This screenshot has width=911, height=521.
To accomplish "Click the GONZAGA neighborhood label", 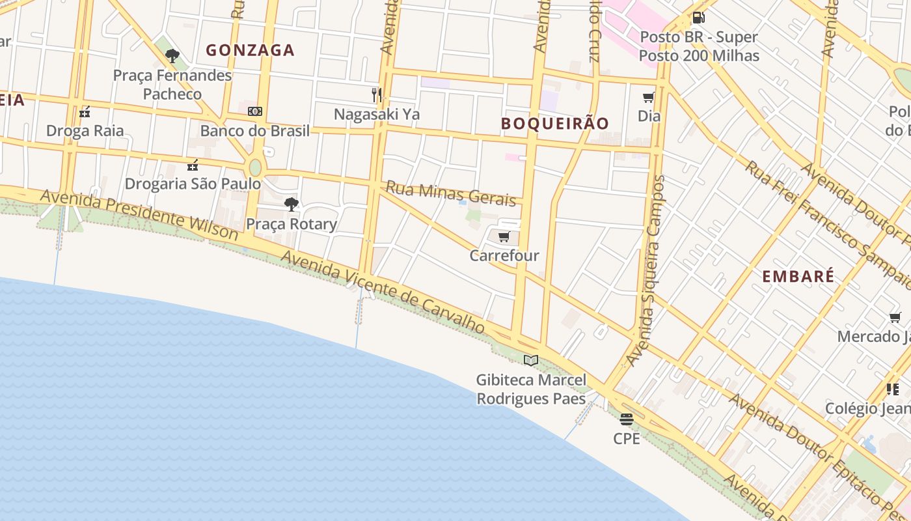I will (251, 50).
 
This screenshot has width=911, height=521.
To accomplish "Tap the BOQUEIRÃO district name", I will (555, 123).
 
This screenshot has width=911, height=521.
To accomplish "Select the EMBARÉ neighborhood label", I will (798, 276).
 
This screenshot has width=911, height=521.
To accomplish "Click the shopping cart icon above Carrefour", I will (504, 237).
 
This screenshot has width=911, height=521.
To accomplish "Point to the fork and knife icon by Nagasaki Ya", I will (376, 95).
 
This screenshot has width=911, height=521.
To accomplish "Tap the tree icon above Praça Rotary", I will (292, 204).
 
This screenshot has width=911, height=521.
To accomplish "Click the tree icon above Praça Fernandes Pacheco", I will (172, 56).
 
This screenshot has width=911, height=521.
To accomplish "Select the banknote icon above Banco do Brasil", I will (255, 111).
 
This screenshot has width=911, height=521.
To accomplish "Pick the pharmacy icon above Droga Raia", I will (85, 112).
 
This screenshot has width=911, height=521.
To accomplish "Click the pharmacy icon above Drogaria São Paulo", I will (193, 165).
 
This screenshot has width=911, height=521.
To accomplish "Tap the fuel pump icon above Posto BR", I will (698, 18).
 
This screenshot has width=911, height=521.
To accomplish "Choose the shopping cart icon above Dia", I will (648, 98).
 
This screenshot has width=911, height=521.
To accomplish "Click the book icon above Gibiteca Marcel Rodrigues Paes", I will (531, 360).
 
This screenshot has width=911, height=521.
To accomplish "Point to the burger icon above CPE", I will (627, 419).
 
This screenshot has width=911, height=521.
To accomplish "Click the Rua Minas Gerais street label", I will (450, 193).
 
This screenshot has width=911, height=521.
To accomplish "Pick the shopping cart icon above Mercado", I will (895, 318).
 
